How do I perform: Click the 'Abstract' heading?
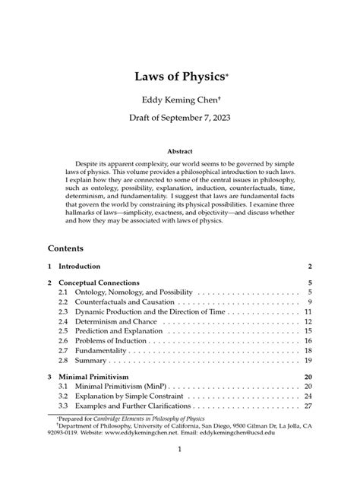180,151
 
